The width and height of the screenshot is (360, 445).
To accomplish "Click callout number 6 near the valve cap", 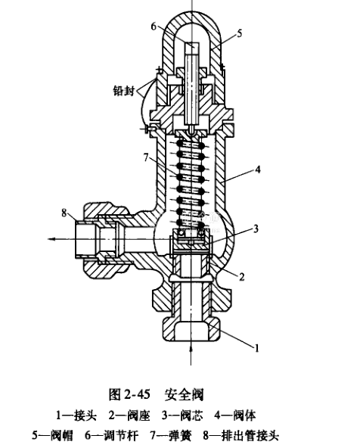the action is (154, 26).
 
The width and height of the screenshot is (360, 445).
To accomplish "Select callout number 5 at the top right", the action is (240, 33).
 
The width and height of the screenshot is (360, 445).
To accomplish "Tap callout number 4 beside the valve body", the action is (257, 170).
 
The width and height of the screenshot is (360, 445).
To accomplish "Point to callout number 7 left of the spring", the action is (146, 157).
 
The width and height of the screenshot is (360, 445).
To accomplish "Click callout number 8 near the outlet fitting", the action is (65, 212).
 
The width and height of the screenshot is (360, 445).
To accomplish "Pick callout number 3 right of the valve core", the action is (256, 229).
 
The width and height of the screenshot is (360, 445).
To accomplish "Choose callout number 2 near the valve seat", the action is (242, 277).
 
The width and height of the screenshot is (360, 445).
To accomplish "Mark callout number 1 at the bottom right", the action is (256, 348).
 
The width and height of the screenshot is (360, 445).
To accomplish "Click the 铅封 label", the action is (123, 91).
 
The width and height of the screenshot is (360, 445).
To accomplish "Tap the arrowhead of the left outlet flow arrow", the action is (51, 239).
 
